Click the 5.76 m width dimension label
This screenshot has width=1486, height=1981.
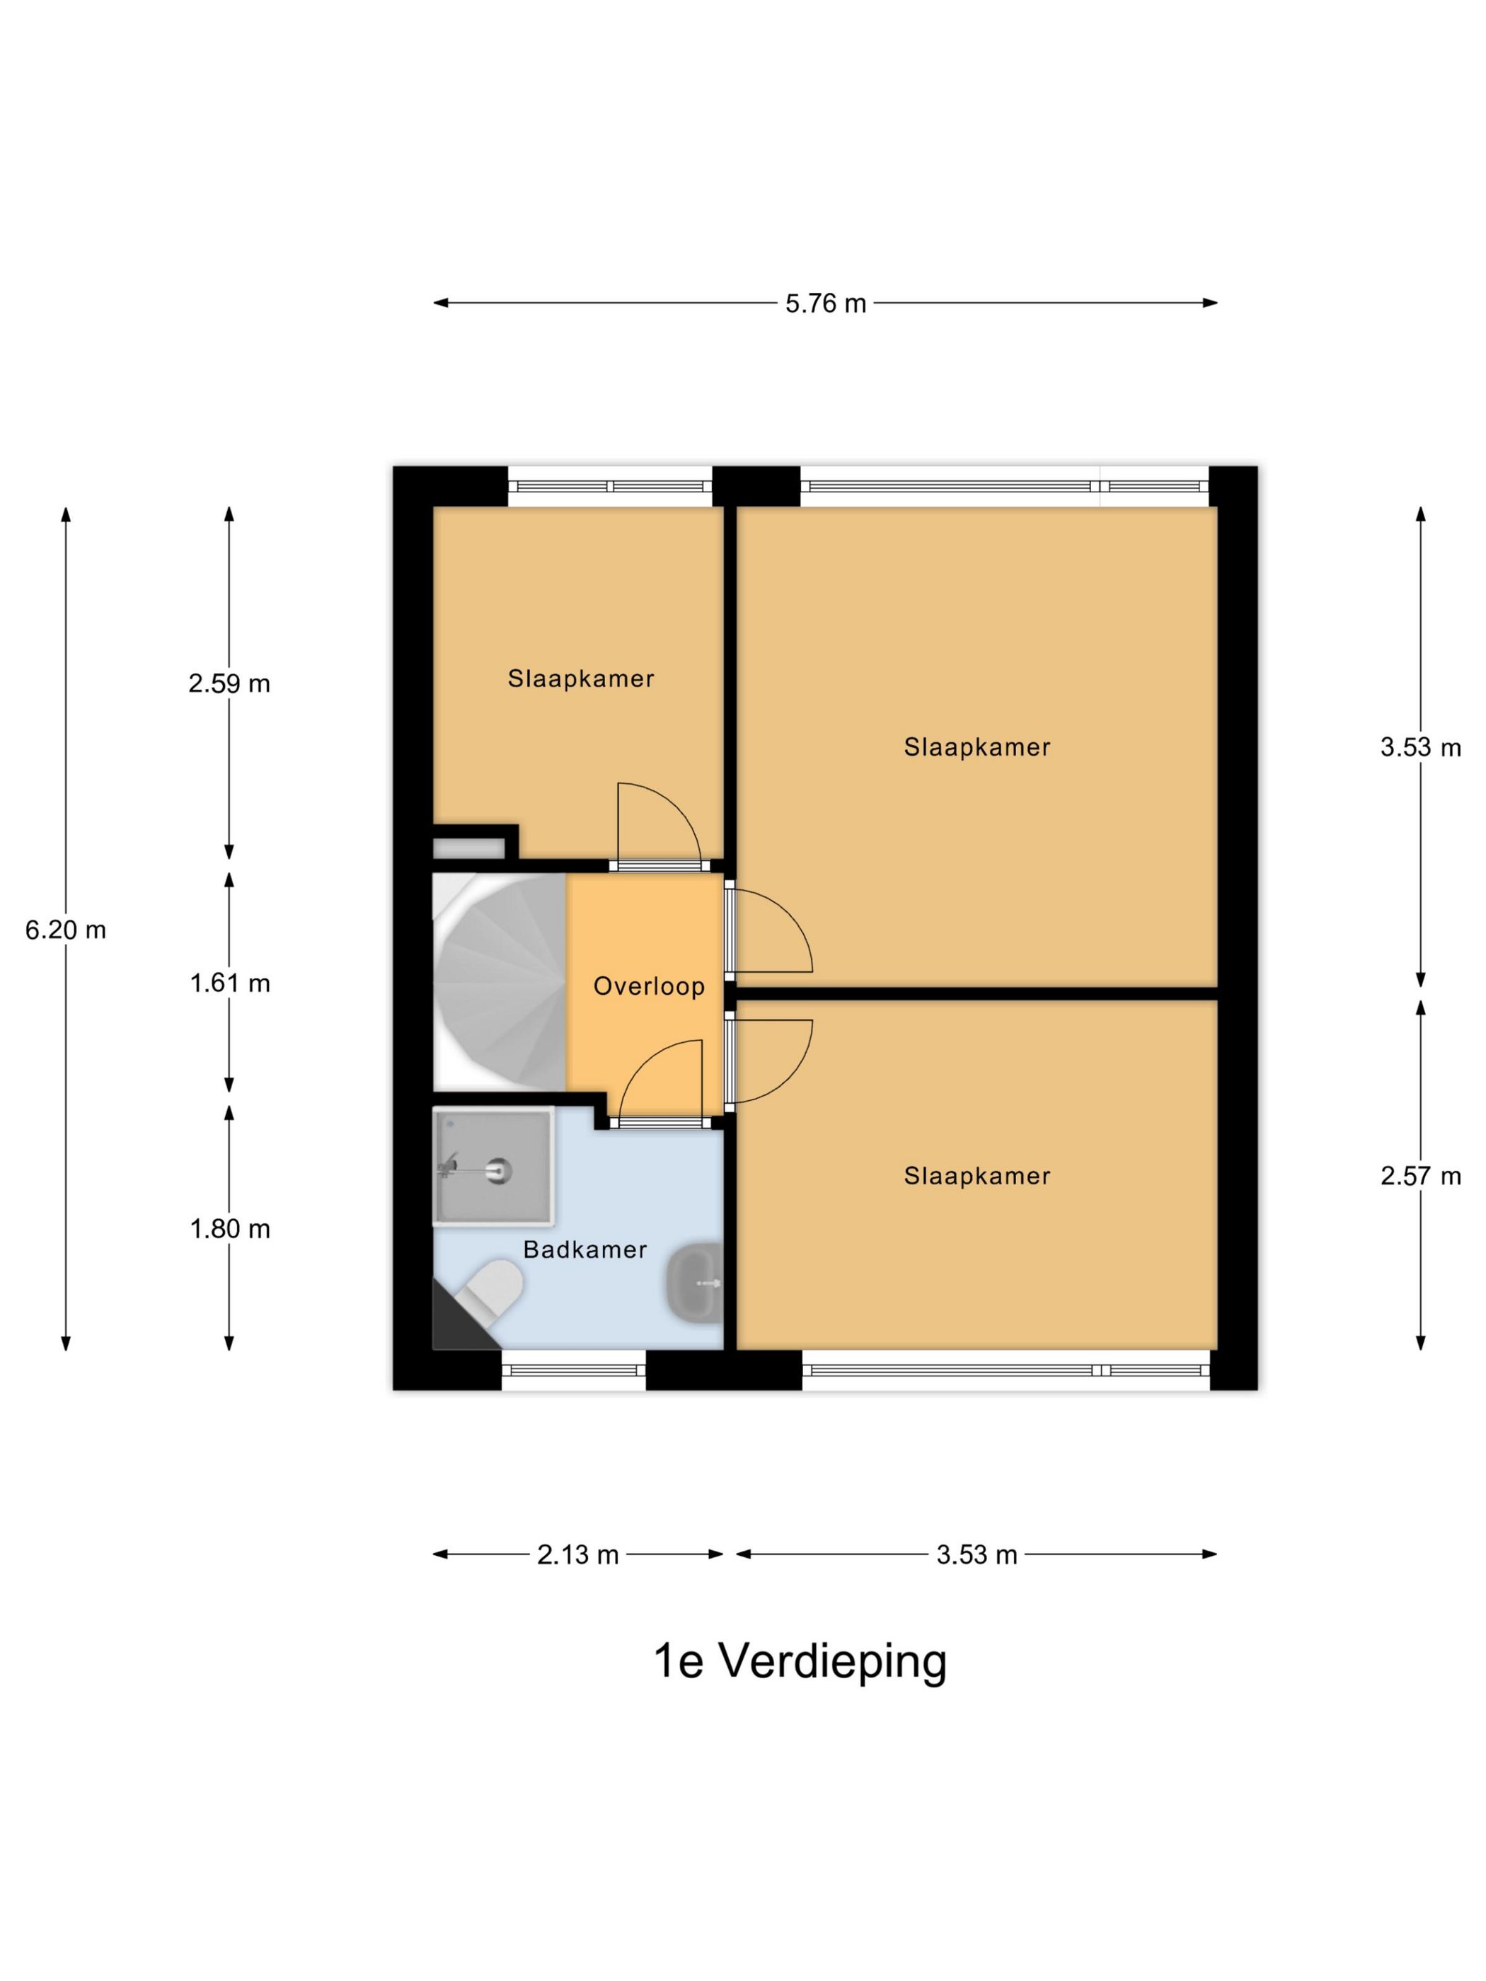click(x=825, y=304)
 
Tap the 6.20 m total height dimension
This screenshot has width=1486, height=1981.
click(x=65, y=930)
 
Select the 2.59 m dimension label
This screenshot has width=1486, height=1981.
click(x=229, y=684)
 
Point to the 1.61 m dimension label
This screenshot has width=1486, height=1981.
click(x=229, y=983)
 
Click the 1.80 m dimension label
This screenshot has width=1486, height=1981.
click(x=229, y=1229)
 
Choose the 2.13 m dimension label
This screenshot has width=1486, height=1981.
click(x=577, y=1554)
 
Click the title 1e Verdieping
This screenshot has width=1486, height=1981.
click(x=800, y=1661)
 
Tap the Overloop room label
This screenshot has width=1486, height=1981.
click(x=648, y=986)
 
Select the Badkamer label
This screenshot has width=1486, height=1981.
click(x=585, y=1249)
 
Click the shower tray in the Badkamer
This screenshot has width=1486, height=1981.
click(x=493, y=1166)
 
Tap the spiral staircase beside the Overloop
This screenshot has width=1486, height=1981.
click(x=499, y=983)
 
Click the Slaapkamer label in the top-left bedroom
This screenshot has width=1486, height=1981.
click(x=580, y=678)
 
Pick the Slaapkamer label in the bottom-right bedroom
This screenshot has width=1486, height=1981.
click(x=977, y=1176)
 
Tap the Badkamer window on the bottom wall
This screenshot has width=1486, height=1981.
click(x=573, y=1370)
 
